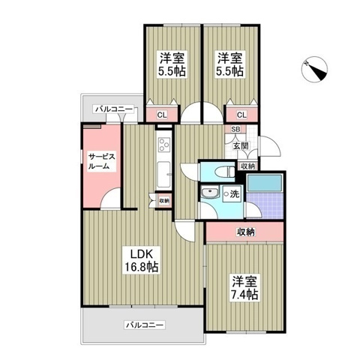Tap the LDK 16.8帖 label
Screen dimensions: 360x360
click(x=141, y=259)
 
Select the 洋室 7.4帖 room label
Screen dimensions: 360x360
click(x=244, y=288)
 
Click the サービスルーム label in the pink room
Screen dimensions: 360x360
click(x=101, y=161)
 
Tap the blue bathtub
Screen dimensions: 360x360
click(x=263, y=181)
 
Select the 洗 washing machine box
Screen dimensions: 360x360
click(x=234, y=196)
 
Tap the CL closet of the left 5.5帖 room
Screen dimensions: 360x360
click(x=160, y=115)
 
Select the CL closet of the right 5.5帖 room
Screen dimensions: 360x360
click(x=241, y=115)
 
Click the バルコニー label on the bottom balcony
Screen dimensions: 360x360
click(x=144, y=325)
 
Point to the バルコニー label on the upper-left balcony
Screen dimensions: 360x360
click(x=113, y=109)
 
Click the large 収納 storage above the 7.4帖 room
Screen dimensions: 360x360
click(x=245, y=232)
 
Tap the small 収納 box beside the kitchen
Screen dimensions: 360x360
click(x=163, y=200)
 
